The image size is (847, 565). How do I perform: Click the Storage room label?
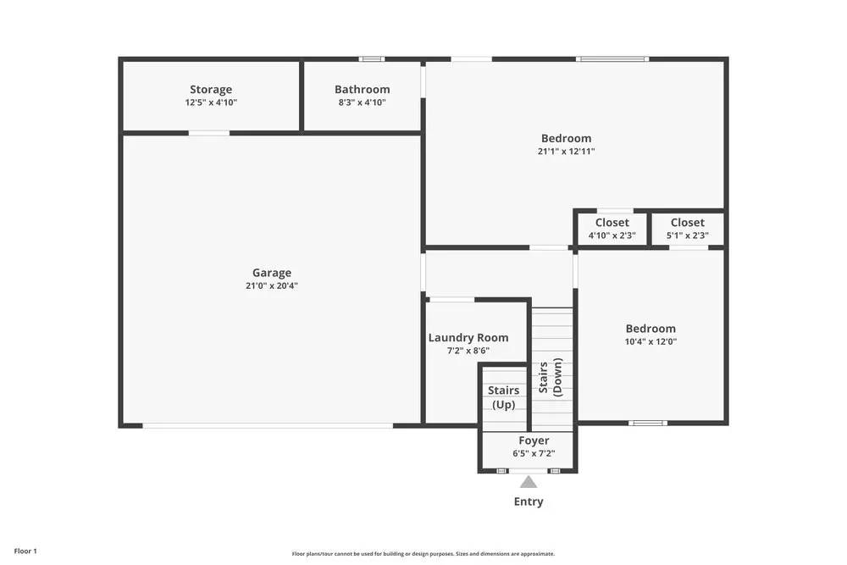(x=210, y=90)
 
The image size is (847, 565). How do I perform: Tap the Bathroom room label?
(x=362, y=90)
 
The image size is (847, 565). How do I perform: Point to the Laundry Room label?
(x=468, y=338)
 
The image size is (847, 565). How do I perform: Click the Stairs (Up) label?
(x=503, y=397)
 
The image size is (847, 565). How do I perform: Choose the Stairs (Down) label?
(x=551, y=379)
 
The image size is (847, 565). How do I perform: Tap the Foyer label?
(x=534, y=440)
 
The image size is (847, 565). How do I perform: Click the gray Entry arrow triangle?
(x=529, y=482)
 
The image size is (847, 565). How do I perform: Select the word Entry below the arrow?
(x=529, y=501)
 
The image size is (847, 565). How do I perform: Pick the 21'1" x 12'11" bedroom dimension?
(x=566, y=152)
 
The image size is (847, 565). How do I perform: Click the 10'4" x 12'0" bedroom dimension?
(x=650, y=342)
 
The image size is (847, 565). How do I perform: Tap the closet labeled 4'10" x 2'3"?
(x=612, y=230)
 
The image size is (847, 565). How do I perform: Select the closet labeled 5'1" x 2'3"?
(x=687, y=230)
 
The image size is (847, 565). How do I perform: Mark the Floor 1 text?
(x=25, y=551)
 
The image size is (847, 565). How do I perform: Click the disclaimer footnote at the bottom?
(x=423, y=553)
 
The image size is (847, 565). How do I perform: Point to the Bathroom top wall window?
(x=371, y=58)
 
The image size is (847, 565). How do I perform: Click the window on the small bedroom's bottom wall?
(x=647, y=423)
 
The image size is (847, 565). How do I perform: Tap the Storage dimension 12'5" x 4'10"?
(x=210, y=102)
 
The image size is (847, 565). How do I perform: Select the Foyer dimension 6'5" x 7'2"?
(x=534, y=453)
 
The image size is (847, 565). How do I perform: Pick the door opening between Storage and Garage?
(x=208, y=132)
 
